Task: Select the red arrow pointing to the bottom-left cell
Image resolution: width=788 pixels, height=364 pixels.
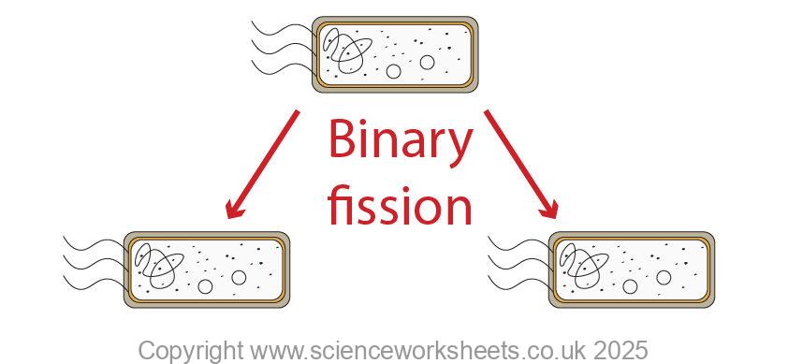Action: [262, 166]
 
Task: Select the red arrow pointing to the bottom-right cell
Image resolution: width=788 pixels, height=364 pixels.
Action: [521, 166]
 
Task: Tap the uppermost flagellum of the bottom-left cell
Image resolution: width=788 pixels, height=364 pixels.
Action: [94, 243]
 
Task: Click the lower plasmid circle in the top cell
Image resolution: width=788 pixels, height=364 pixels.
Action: [394, 71]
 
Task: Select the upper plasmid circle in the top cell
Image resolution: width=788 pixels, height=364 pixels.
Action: [427, 62]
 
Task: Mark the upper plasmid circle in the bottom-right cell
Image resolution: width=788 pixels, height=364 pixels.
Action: [664, 277]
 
